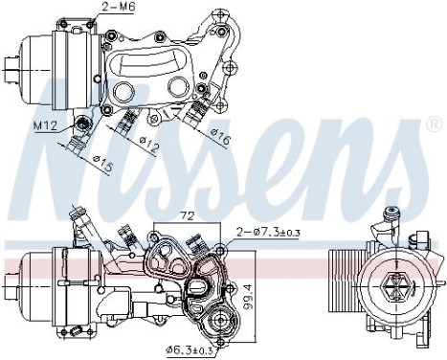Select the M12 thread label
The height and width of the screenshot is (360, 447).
pos(46,124)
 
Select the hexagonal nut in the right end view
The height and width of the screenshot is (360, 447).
pos(393,283)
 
